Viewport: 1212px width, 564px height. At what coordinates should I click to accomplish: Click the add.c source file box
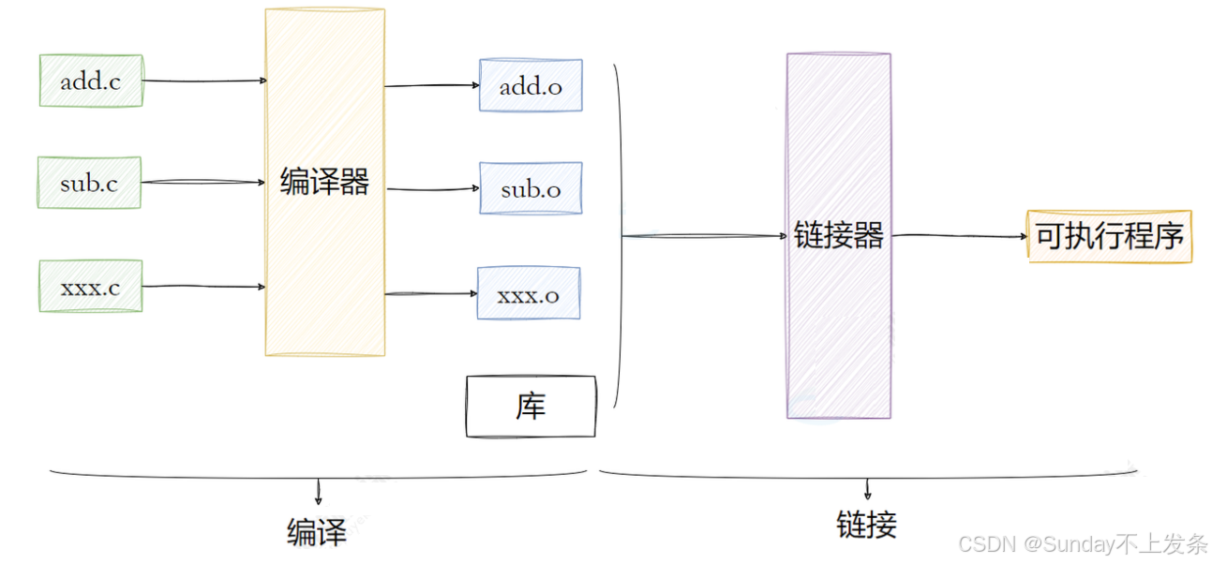(91, 82)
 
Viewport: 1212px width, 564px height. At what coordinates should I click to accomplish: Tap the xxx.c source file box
(90, 287)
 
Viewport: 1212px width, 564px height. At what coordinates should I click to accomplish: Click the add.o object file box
(531, 86)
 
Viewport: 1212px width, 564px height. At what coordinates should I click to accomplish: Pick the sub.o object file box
(531, 189)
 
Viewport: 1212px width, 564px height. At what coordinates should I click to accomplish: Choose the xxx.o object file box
(529, 294)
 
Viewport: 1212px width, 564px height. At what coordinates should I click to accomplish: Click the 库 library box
(531, 407)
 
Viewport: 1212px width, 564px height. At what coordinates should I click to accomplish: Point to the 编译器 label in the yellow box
(324, 182)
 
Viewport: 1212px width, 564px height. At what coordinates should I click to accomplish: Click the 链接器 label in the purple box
(839, 235)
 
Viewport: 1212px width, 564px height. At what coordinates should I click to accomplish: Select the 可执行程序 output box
(1110, 236)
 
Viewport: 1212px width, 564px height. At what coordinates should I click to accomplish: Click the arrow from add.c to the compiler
(204, 81)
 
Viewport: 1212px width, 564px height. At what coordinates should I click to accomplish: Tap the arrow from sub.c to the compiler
(204, 183)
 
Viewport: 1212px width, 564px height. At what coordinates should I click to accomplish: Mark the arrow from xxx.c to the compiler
(204, 287)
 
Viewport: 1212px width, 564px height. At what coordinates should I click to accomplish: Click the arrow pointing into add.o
(432, 86)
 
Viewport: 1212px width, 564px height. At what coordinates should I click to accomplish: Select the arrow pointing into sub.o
(433, 189)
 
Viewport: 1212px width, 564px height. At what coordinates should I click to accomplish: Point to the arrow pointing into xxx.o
(431, 294)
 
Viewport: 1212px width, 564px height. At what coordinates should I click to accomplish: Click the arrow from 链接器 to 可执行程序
(959, 236)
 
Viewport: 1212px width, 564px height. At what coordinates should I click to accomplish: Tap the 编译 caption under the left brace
(317, 532)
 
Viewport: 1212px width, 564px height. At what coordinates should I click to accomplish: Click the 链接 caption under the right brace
(866, 525)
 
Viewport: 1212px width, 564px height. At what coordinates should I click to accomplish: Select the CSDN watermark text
(1083, 544)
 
